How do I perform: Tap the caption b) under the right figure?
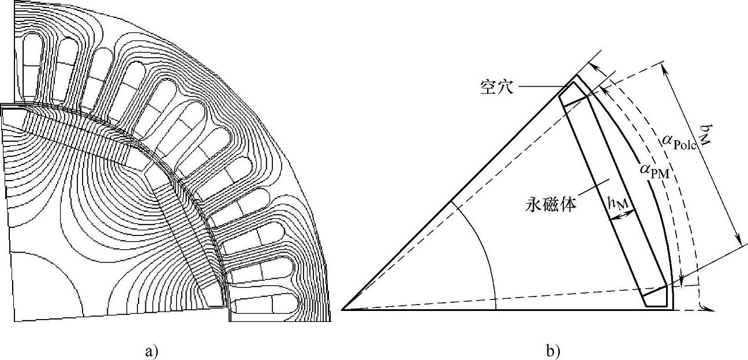552,350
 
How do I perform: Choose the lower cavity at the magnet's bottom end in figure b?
657,297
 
